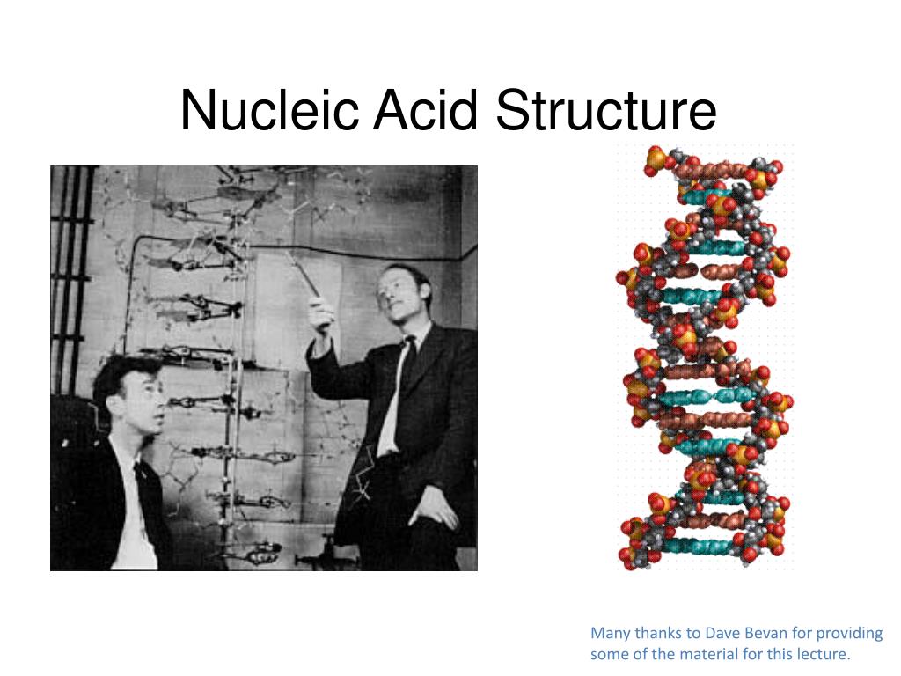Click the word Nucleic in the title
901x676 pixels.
269,111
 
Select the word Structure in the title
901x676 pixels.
605,111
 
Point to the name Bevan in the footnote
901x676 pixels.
765,633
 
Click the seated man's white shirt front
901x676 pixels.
132,519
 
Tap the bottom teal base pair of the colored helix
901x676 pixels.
704,546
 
